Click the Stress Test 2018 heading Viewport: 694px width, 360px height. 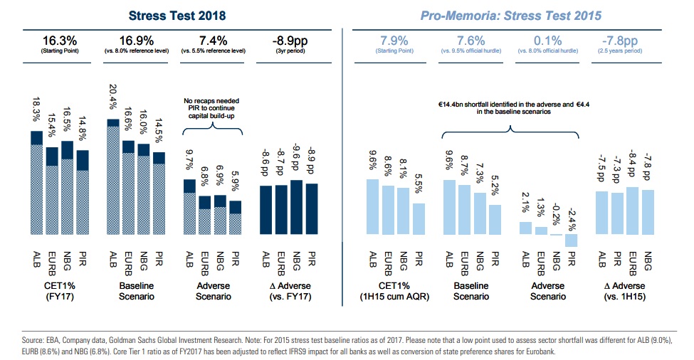click(172, 14)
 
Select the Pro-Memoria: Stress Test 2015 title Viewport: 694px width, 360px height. click(510, 14)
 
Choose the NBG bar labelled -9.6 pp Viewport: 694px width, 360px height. click(295, 213)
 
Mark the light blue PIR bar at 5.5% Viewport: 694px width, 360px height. click(419, 225)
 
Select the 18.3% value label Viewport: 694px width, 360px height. click(38, 110)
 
